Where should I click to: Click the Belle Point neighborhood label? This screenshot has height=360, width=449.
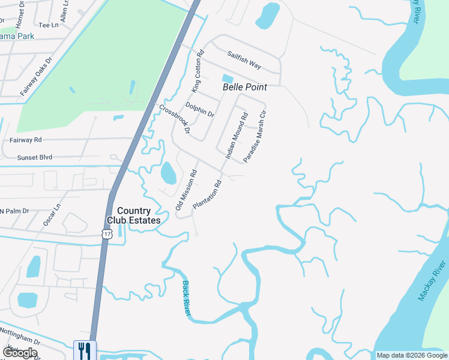click(244, 87)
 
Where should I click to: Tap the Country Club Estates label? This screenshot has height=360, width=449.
click(139, 215)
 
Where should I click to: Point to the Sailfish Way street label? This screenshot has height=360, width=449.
click(244, 59)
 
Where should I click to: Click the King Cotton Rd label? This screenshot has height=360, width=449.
click(197, 71)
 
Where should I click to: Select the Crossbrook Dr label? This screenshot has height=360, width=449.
click(175, 119)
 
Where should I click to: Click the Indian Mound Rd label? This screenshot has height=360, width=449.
click(236, 136)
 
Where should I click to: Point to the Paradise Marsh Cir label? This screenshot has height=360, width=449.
click(254, 137)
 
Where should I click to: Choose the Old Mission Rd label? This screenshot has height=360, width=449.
click(186, 190)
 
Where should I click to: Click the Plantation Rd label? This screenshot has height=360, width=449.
click(208, 194)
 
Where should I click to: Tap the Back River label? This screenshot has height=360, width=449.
click(187, 298)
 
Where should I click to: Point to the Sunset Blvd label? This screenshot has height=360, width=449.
click(35, 157)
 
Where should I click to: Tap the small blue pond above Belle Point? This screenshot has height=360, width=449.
click(228, 79)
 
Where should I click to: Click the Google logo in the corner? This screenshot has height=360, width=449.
click(20, 353)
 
